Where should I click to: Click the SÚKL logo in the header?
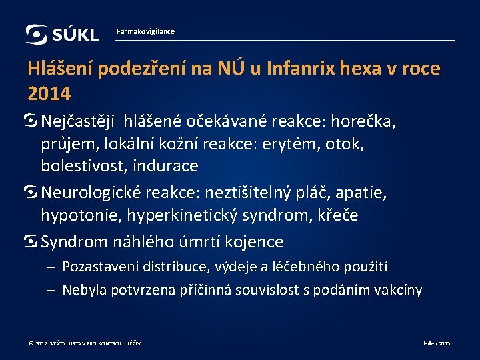click(62, 33)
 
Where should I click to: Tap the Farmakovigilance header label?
click(145, 31)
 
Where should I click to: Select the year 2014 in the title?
click(49, 93)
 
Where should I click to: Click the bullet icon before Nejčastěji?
click(33, 121)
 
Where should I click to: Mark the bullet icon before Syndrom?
click(33, 241)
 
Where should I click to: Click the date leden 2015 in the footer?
click(437, 343)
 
